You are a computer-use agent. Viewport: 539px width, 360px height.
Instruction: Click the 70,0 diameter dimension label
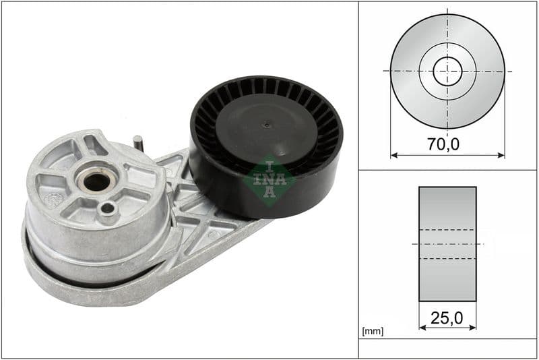[447, 144]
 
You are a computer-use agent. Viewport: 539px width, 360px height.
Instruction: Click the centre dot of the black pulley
[267, 124]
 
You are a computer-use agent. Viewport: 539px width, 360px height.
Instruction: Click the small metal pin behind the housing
[137, 143]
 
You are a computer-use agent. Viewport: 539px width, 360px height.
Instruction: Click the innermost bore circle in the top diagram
[447, 71]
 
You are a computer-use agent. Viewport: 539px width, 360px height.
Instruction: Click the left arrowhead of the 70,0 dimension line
[393, 155]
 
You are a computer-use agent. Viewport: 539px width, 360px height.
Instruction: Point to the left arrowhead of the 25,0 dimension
[422, 328]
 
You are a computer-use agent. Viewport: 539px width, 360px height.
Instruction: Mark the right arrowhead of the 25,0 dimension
[473, 328]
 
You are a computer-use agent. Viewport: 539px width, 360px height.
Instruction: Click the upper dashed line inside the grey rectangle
[447, 230]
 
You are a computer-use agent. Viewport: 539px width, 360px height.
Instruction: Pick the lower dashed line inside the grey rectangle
[447, 258]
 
